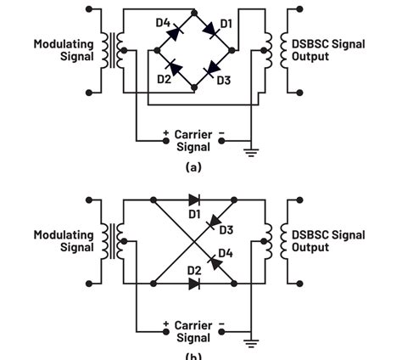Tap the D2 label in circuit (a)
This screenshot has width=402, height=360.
pos(164,80)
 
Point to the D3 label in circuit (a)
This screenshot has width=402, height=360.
pos(223,80)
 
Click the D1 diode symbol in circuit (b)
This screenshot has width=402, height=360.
pos(194,200)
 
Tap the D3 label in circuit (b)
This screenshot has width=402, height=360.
pos(226,230)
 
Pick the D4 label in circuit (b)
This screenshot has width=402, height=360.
pos(226,253)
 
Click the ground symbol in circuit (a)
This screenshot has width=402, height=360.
pos(251,152)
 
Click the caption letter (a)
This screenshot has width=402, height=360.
pos(193,166)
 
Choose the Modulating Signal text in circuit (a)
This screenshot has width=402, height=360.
pos(64,50)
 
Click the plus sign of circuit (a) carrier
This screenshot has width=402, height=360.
pos(165,134)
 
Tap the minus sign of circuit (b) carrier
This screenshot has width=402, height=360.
pos(221,324)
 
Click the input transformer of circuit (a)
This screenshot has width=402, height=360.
pos(110,50)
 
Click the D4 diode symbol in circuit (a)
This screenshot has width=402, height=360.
pos(174,32)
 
